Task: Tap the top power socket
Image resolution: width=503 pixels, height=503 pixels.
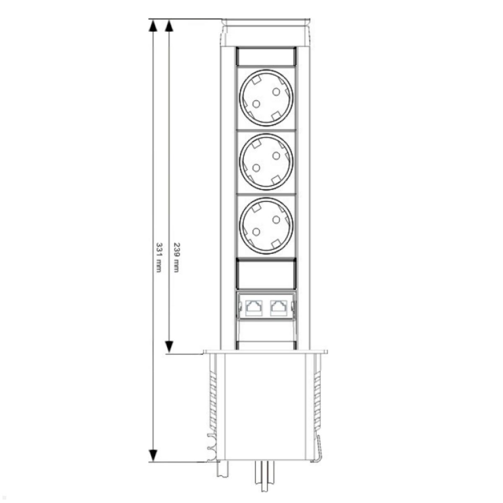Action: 266,97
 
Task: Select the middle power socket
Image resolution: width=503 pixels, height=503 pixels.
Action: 266,162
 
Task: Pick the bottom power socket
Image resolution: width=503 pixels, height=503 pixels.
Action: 266,226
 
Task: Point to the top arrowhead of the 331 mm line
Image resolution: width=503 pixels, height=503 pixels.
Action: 153,26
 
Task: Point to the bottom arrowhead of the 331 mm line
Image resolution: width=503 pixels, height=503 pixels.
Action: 153,455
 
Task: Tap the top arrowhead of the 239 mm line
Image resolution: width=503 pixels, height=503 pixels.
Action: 169,26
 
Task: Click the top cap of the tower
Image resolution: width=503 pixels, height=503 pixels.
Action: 266,32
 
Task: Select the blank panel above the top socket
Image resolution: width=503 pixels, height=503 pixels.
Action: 266,56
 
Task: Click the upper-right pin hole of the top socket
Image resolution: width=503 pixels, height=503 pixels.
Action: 276,91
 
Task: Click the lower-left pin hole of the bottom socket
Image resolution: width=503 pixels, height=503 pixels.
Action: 256,232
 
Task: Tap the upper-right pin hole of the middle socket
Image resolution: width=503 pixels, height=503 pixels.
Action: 276,156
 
